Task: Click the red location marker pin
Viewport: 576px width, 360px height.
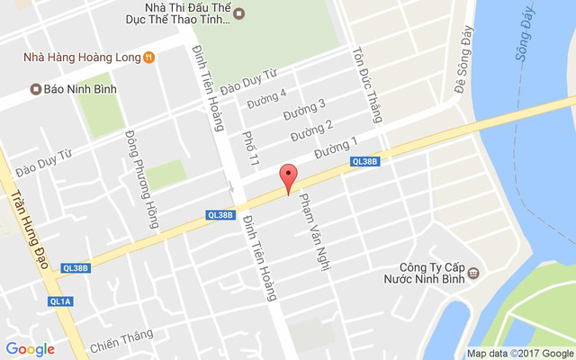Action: (x=288, y=178)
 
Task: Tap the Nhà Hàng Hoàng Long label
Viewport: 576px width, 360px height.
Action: (x=82, y=58)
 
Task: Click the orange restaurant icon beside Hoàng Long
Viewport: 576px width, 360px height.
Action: (x=149, y=58)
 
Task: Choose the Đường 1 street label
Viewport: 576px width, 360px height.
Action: (x=337, y=146)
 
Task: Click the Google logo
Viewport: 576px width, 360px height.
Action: (x=30, y=349)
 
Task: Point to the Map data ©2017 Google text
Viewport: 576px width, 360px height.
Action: (x=519, y=353)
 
